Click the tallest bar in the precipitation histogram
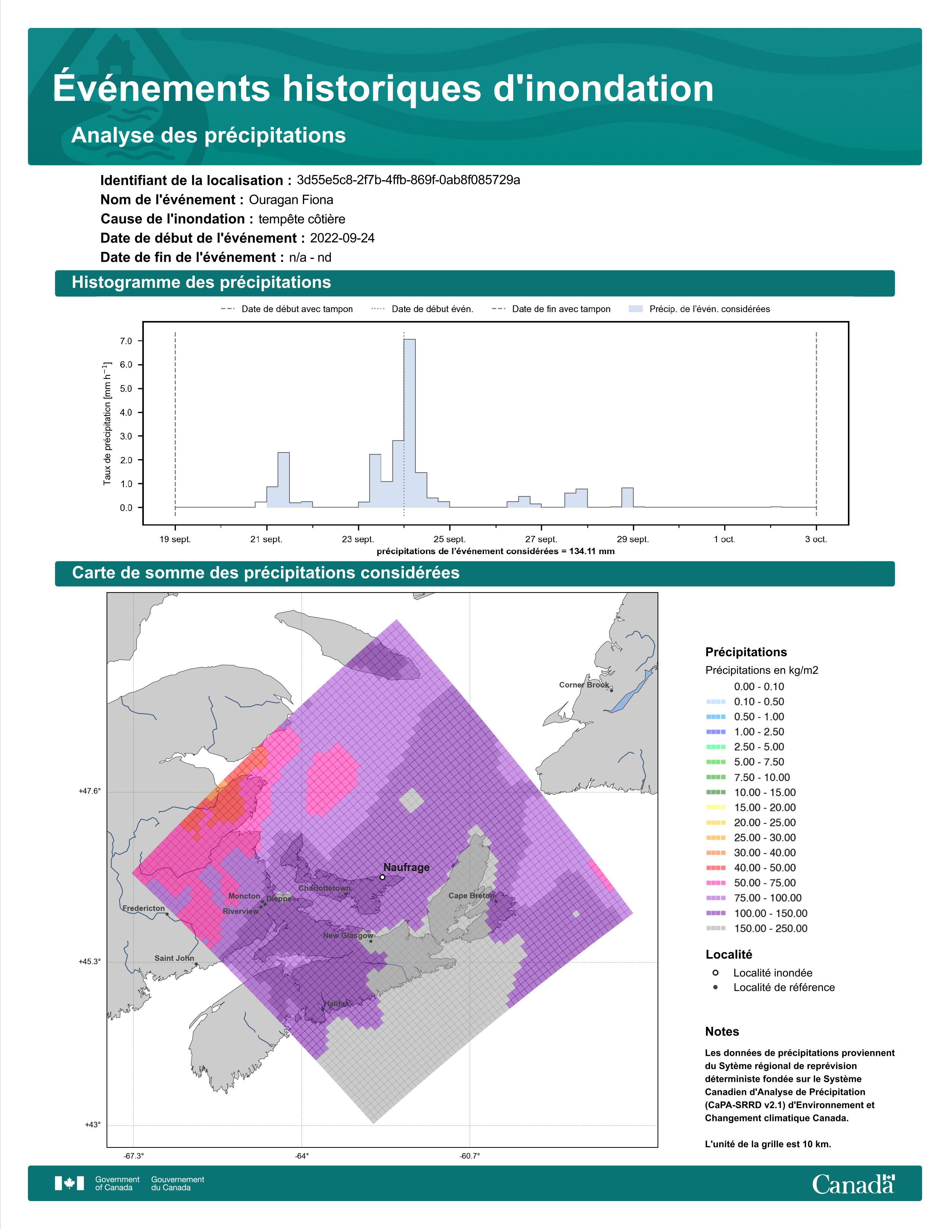[x=410, y=423]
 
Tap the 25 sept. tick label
[x=450, y=539]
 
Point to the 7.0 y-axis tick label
[x=126, y=341]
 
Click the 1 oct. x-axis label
[x=724, y=539]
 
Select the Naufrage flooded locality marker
[x=382, y=877]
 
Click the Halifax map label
[x=336, y=1003]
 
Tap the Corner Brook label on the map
[x=584, y=685]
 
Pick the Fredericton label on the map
[x=143, y=908]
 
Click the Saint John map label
[x=174, y=958]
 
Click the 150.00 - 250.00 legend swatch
[x=715, y=928]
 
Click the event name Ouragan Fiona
[x=291, y=200]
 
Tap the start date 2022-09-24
[x=342, y=238]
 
